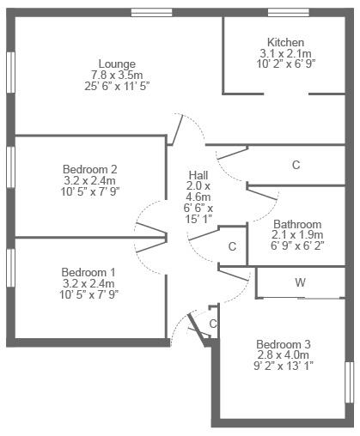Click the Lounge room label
click(x=117, y=64)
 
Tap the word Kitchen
click(x=285, y=42)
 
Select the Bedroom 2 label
click(x=90, y=169)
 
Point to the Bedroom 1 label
click(x=88, y=272)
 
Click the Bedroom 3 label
click(x=284, y=344)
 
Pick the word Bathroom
click(x=297, y=224)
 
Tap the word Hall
click(x=198, y=175)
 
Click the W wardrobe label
click(x=300, y=282)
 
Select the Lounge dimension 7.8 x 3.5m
click(x=117, y=75)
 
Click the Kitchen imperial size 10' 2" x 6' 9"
click(x=285, y=64)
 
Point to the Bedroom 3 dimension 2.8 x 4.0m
click(x=284, y=355)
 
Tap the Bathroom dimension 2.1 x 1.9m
click(x=297, y=235)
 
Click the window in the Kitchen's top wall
click(x=289, y=12)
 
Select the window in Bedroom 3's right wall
click(x=350, y=383)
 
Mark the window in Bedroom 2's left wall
click(x=10, y=167)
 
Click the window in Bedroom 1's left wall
click(x=10, y=268)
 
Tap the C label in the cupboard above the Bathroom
click(x=296, y=165)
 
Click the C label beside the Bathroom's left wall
click(x=232, y=246)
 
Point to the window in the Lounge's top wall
click(x=152, y=12)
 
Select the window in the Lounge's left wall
click(x=10, y=72)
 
